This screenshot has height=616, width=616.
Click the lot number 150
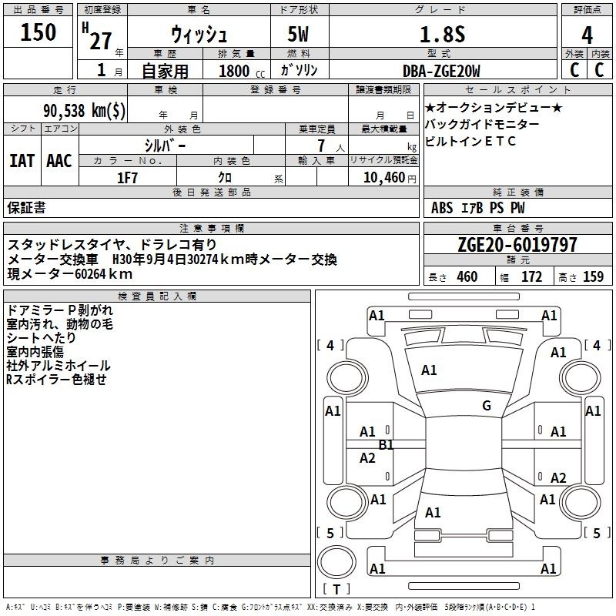pyautogui.click(x=38, y=32)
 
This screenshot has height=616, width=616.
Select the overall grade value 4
pyautogui.click(x=587, y=35)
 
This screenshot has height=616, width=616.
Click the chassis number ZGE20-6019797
pyautogui.click(x=517, y=245)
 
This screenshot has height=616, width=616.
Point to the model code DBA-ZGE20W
pyautogui.click(x=441, y=71)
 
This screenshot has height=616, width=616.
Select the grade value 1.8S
pyautogui.click(x=442, y=34)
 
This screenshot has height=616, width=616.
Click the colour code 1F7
pyautogui.click(x=127, y=178)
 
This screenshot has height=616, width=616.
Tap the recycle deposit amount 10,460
pyautogui.click(x=384, y=177)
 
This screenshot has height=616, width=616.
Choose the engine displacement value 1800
pyautogui.click(x=234, y=71)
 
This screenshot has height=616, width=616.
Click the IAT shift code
pyautogui.click(x=22, y=161)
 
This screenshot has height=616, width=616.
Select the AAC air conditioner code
pyautogui.click(x=59, y=161)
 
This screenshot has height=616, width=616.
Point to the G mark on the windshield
pyautogui.click(x=487, y=405)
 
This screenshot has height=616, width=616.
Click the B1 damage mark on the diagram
pyautogui.click(x=387, y=445)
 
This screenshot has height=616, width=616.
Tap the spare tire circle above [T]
pyautogui.click(x=336, y=562)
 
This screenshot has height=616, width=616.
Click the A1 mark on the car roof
pyautogui.click(x=433, y=513)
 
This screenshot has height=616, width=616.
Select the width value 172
pyautogui.click(x=531, y=276)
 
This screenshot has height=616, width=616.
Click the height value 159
pyautogui.click(x=593, y=276)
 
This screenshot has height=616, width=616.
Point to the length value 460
pyautogui.click(x=467, y=276)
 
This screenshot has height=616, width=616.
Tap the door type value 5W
pyautogui.click(x=298, y=34)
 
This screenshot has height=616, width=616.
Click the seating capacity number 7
pyautogui.click(x=321, y=146)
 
